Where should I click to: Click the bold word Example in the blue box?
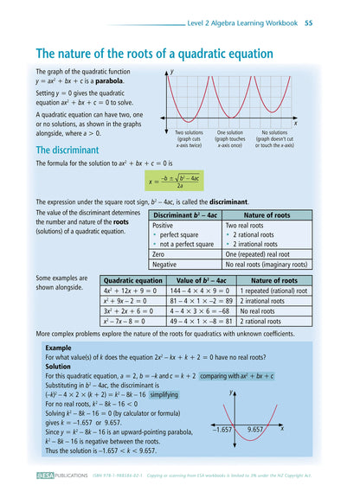click(59, 347)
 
